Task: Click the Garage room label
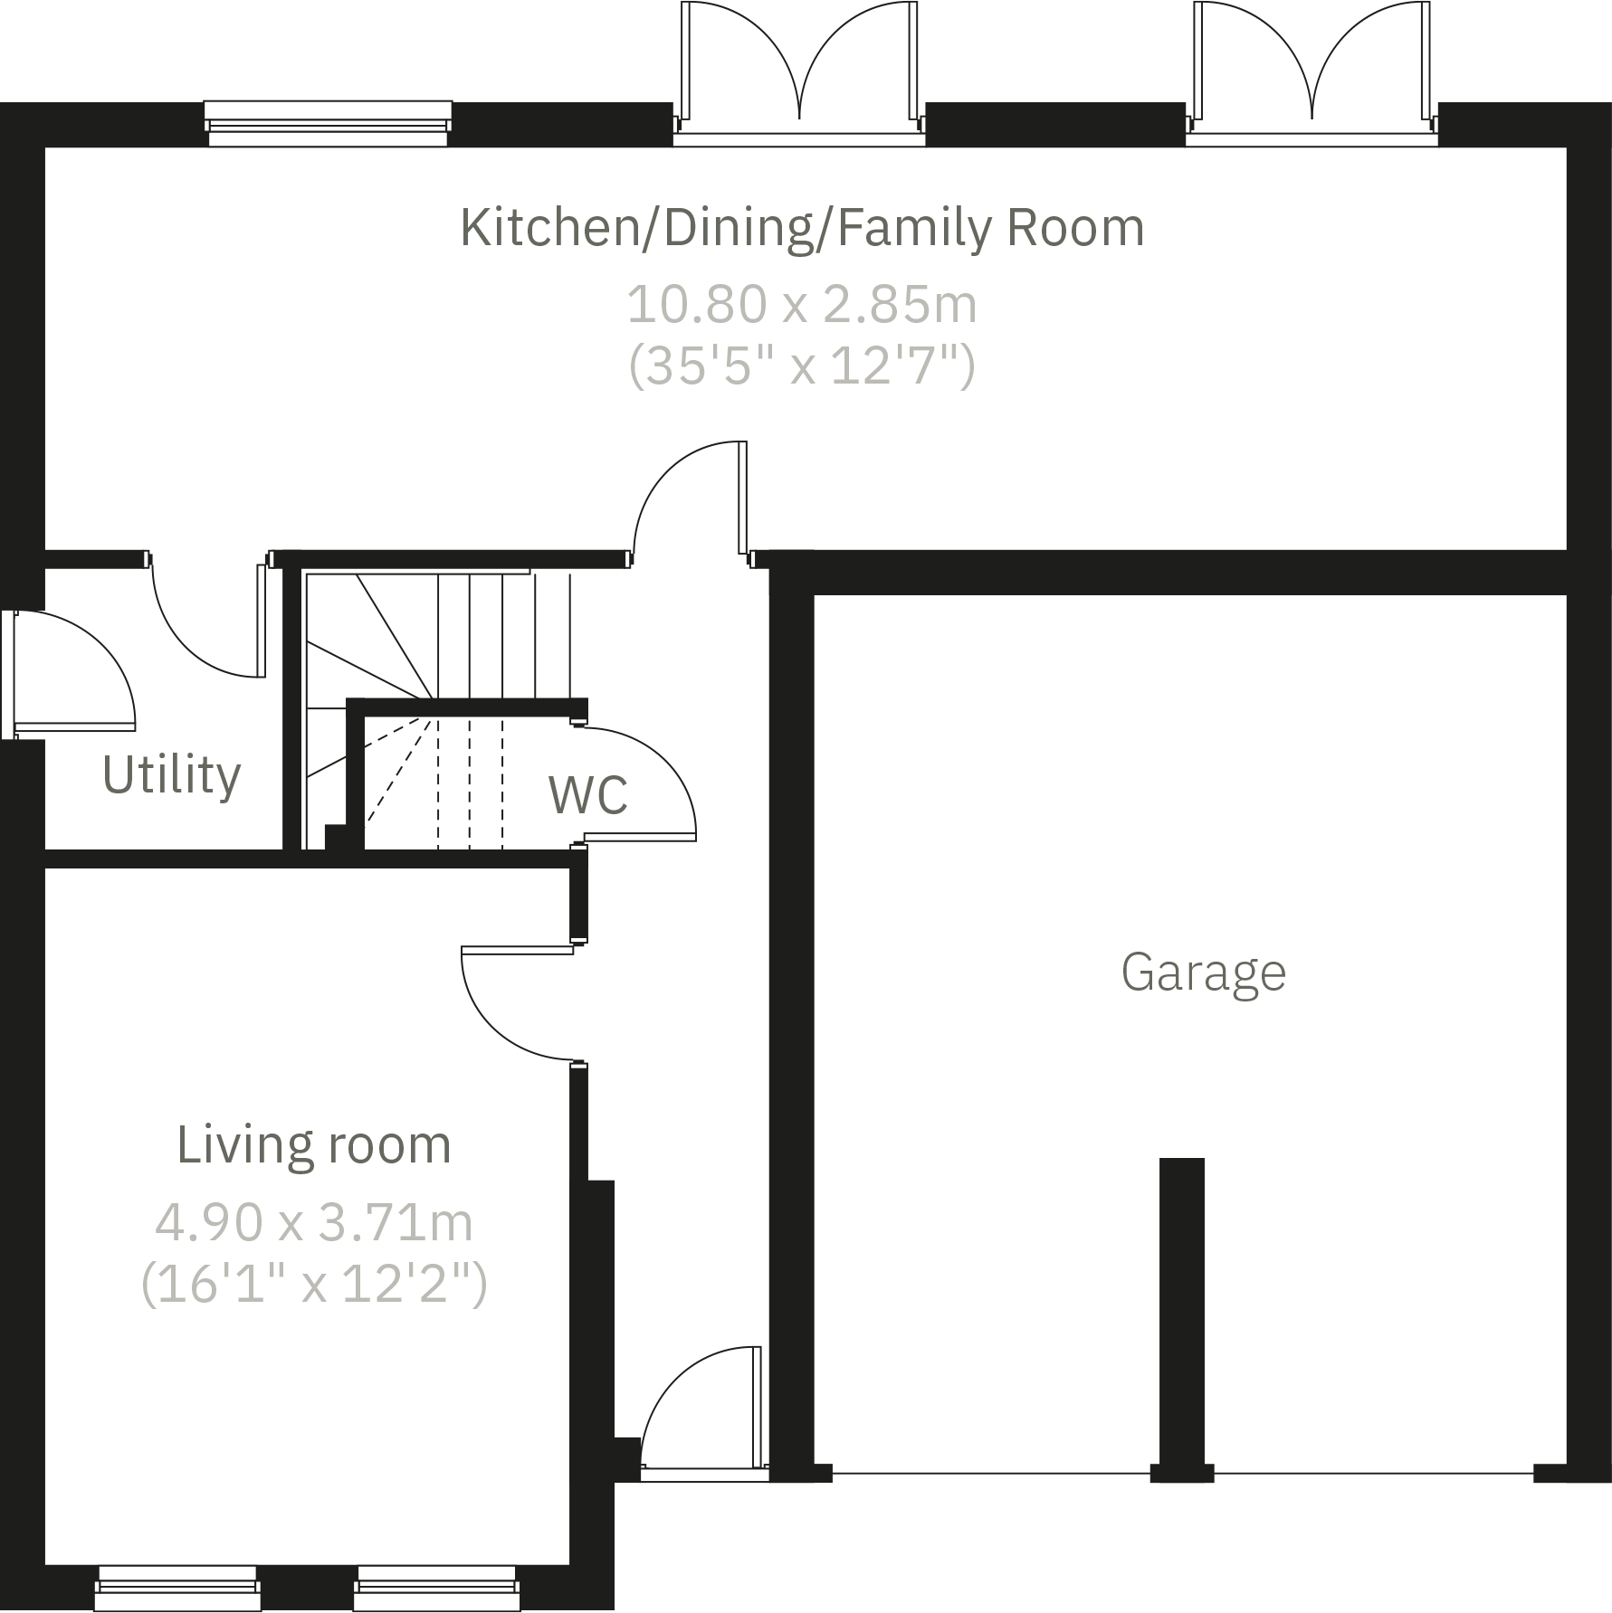coord(1203,973)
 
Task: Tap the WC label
coord(587,794)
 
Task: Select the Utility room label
coord(171,775)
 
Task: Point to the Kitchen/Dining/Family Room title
coord(802,227)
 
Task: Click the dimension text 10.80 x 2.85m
coord(802,304)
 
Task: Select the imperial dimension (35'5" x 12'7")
coord(802,366)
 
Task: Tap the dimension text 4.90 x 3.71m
coord(313,1222)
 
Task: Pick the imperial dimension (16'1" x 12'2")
coord(313,1284)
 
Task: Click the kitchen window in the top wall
coord(327,123)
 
